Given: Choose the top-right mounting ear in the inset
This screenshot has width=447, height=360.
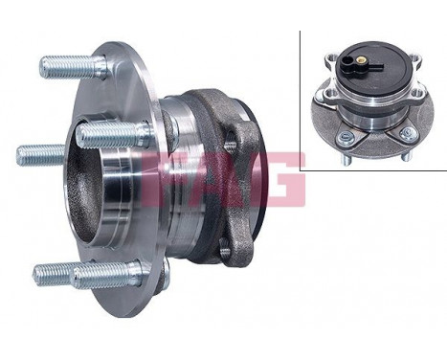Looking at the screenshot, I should click(x=400, y=88).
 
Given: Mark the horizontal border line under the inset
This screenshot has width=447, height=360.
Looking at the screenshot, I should click(x=373, y=169).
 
